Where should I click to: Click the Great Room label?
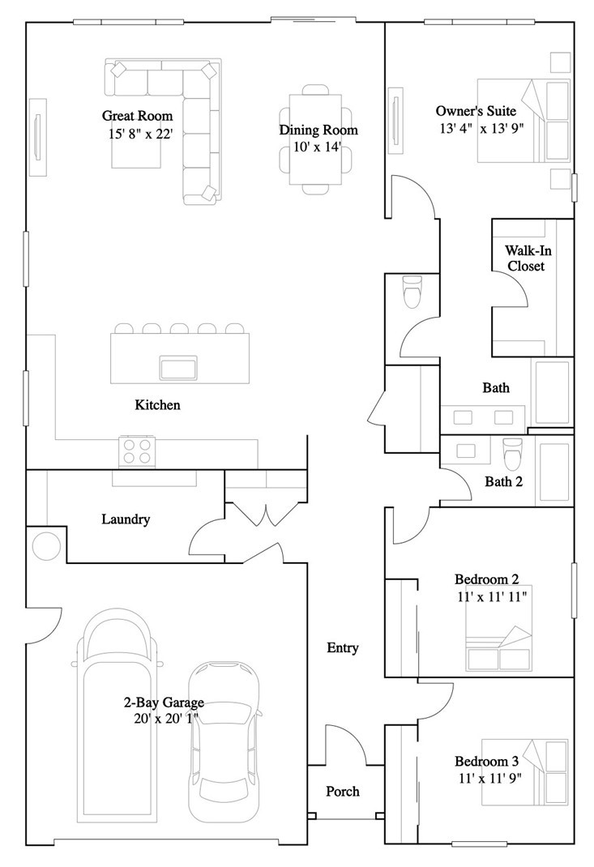pyautogui.click(x=137, y=116)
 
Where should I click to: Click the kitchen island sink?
pyautogui.click(x=179, y=368)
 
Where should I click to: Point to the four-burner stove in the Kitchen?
pyautogui.click(x=138, y=451)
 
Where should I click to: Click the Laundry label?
pyautogui.click(x=126, y=519)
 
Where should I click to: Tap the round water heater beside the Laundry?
pyautogui.click(x=46, y=545)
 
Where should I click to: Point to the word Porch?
pyautogui.click(x=342, y=791)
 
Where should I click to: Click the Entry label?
pyautogui.click(x=342, y=647)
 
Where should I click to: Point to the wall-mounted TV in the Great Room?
pyautogui.click(x=38, y=135)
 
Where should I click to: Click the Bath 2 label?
pyautogui.click(x=503, y=481)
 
